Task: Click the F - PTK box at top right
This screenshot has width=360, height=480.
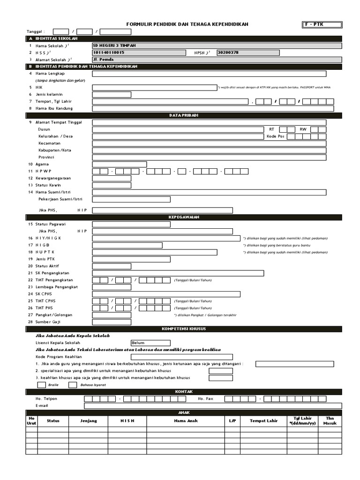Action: (x=322, y=24)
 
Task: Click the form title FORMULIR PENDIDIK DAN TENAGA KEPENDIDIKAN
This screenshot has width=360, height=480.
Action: (x=187, y=24)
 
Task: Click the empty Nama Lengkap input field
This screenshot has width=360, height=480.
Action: (x=209, y=74)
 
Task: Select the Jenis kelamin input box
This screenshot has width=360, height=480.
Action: (x=112, y=94)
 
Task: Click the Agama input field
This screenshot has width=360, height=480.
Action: (x=120, y=165)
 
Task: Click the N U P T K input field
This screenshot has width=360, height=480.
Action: (x=155, y=252)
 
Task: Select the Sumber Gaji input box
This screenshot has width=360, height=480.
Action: (x=112, y=322)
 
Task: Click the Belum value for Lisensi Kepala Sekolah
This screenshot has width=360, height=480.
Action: (x=150, y=343)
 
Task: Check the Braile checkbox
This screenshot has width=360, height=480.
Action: (x=41, y=385)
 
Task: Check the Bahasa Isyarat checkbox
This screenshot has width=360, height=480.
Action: (x=73, y=385)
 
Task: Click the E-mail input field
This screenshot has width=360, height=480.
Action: (x=213, y=406)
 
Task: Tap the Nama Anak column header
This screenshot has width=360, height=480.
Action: (x=186, y=421)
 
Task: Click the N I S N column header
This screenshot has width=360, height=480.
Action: (x=127, y=421)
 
